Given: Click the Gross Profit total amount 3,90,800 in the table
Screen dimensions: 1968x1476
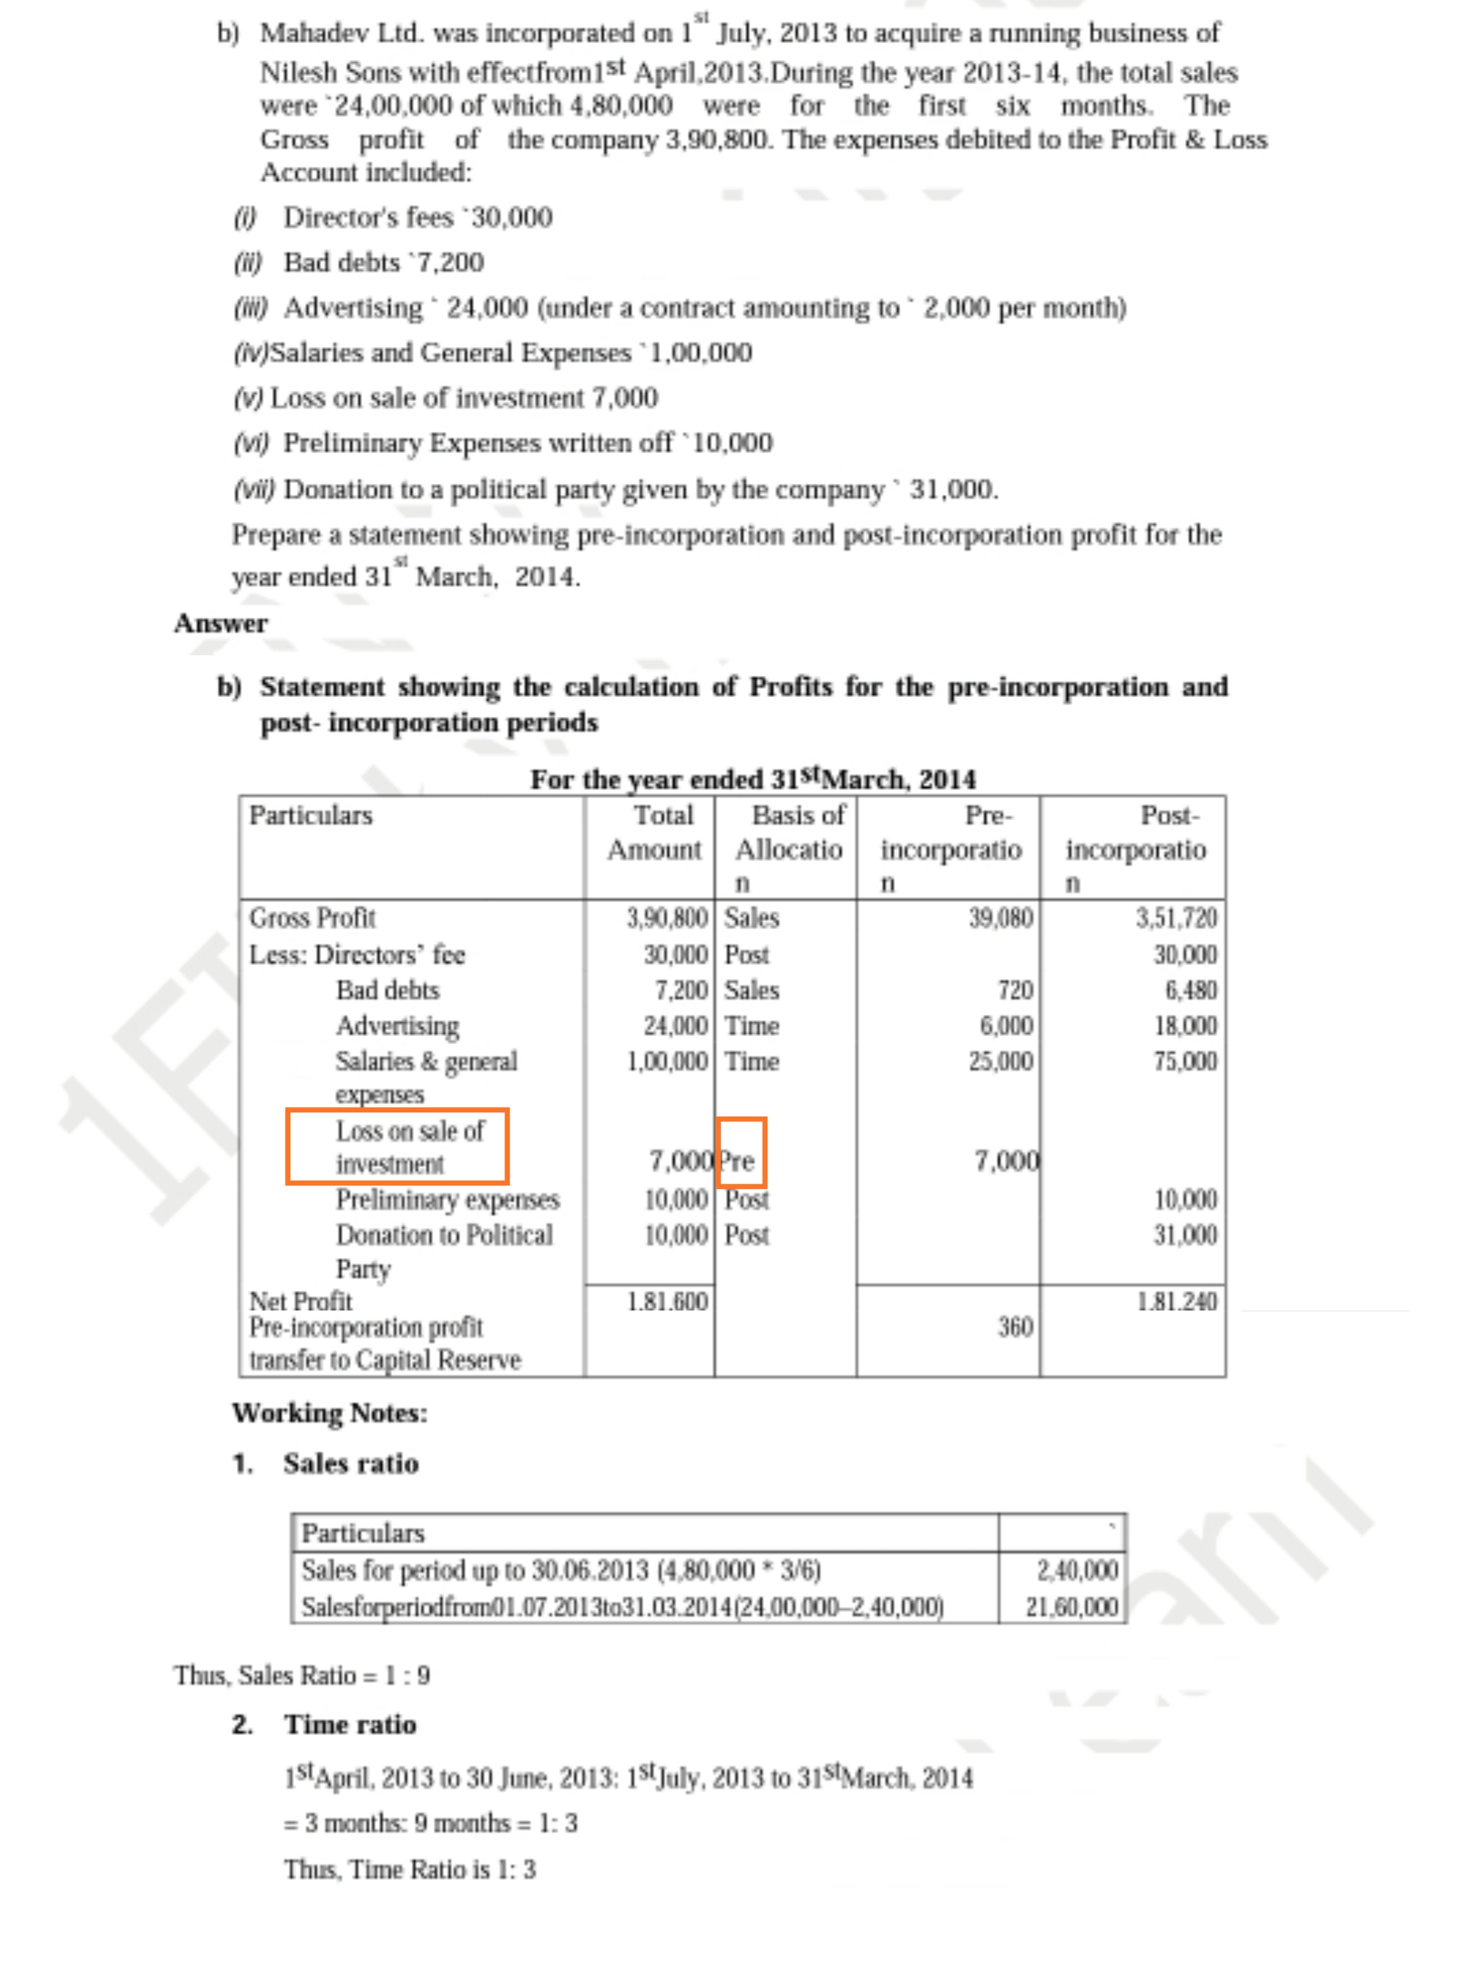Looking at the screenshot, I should [666, 917].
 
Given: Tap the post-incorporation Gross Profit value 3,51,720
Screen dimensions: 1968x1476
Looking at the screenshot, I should [1175, 917].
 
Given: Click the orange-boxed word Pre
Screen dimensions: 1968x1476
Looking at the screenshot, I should [739, 1160].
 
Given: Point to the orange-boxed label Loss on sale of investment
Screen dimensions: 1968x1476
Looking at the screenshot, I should [397, 1146].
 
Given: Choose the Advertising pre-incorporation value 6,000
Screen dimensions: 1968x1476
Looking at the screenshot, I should [1007, 1025].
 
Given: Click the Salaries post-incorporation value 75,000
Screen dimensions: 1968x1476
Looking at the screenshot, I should [1184, 1061].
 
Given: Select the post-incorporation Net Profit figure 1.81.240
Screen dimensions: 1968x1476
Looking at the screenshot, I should [1175, 1301].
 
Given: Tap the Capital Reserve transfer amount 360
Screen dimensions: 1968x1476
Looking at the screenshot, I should [1014, 1326].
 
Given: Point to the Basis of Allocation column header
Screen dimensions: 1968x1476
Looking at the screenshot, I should [789, 832].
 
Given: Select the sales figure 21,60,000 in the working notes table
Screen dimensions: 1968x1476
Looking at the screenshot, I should [1071, 1606].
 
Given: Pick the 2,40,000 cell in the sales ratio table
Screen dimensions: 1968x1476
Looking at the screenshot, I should [1076, 1570].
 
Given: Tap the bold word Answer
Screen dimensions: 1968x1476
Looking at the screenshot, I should [221, 623].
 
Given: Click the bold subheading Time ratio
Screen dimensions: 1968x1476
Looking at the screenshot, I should [350, 1724].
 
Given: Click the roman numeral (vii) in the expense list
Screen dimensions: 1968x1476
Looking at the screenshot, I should [254, 489].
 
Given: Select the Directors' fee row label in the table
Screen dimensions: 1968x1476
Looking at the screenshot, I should [357, 954].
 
